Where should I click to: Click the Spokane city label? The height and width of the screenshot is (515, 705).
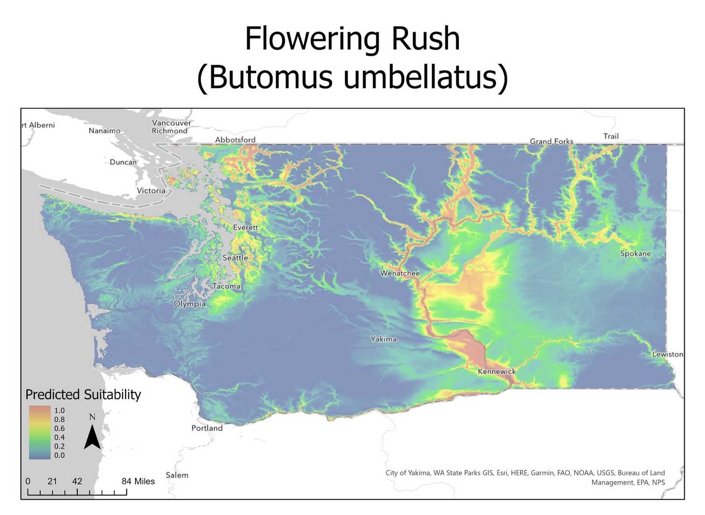[x=635, y=254]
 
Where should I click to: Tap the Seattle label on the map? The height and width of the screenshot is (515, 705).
[x=235, y=258]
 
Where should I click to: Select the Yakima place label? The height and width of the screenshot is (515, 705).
[x=383, y=339]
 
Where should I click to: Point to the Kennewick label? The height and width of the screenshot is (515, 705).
[x=496, y=372]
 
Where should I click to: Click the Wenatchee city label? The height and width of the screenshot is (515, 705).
[x=400, y=273]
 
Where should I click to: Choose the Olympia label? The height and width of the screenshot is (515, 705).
[x=189, y=304]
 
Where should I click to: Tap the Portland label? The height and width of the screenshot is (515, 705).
[x=207, y=428]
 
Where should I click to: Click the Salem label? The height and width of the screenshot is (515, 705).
[x=177, y=475]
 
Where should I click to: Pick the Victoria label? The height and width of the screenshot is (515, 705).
[x=151, y=191]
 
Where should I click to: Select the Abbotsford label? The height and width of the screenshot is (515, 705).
[x=235, y=140]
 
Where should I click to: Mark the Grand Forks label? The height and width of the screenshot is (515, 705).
[x=551, y=142]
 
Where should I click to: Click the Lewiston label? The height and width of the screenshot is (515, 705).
[x=667, y=355]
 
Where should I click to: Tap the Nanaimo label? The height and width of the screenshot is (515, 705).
[x=104, y=131]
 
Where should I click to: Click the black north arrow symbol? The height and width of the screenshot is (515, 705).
[x=92, y=437]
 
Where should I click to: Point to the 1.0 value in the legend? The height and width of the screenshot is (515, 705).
[x=59, y=411]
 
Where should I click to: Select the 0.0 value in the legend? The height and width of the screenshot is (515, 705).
[x=59, y=455]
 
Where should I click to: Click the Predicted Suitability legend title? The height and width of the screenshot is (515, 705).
[x=83, y=395]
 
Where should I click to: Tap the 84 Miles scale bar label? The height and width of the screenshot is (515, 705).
[x=138, y=481]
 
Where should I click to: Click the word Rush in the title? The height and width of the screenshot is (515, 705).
[x=425, y=38]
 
